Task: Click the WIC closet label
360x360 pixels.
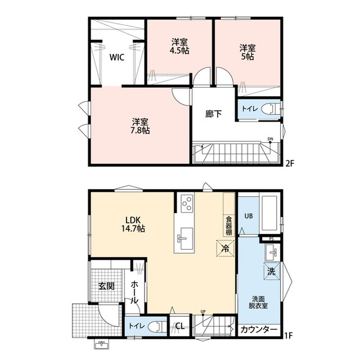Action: click(x=117, y=57)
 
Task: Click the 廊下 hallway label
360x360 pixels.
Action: click(x=213, y=114)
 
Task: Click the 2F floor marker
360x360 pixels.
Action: click(x=290, y=164)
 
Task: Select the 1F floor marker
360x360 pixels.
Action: click(x=289, y=336)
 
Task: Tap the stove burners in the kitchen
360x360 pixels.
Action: click(x=187, y=201)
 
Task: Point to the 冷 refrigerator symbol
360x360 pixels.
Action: click(x=223, y=247)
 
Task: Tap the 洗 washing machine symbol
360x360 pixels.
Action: click(x=272, y=271)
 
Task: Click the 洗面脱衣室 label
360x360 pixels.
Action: click(x=259, y=303)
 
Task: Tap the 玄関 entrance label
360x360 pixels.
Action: click(x=106, y=286)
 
